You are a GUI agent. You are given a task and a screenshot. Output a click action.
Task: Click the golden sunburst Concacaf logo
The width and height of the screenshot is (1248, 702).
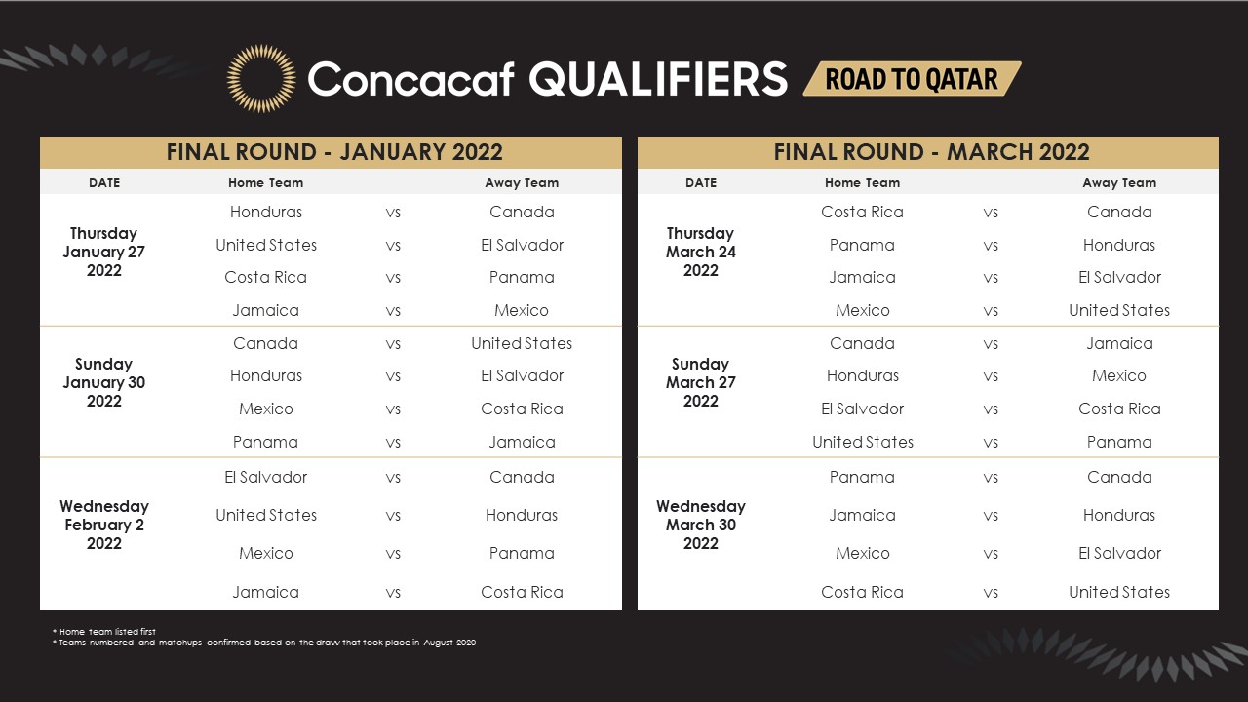(x=261, y=79)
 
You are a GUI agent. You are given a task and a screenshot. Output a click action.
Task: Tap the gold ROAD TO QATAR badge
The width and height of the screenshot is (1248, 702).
(x=912, y=79)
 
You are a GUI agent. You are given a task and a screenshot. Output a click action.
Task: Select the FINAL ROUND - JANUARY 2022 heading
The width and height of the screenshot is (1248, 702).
(x=334, y=152)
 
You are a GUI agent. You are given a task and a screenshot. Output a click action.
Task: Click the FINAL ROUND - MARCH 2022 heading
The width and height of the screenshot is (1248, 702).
(x=931, y=152)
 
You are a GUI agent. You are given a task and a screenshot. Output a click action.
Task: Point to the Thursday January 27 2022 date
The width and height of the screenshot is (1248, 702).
(x=103, y=252)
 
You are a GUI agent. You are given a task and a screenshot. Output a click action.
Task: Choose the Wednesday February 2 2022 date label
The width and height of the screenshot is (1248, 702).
(x=104, y=525)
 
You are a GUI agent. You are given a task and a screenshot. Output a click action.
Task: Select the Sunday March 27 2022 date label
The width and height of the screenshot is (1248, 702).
(x=701, y=382)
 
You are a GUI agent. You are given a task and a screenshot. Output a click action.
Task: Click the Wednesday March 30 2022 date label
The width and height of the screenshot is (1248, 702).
(x=701, y=525)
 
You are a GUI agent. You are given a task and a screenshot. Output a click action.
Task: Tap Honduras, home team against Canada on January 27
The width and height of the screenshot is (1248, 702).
(x=266, y=212)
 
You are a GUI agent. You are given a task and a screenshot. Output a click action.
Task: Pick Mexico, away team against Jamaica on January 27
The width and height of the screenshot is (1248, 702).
(x=522, y=310)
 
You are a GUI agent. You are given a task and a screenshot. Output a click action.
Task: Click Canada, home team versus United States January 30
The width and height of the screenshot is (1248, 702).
(x=265, y=343)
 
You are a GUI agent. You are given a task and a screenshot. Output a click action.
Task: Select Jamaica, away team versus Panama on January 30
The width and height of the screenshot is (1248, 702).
(x=522, y=442)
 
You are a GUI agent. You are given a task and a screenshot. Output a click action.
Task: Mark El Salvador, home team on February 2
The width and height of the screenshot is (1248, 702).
(x=266, y=477)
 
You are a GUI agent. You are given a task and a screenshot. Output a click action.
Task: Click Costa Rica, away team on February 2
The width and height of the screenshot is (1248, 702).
(x=522, y=592)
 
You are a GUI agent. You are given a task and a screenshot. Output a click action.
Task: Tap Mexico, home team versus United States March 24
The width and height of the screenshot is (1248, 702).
(x=863, y=310)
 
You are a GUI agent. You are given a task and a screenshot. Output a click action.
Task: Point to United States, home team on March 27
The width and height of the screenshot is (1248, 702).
(x=863, y=442)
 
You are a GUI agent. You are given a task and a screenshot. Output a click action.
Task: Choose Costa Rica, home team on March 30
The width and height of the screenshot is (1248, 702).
(x=862, y=592)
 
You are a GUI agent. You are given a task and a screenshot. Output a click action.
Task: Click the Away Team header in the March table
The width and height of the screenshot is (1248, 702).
(x=1119, y=182)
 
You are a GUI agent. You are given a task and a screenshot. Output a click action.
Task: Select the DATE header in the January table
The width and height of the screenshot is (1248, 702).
(x=104, y=182)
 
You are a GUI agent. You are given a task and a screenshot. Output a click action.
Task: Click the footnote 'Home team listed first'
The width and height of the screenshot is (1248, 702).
(x=104, y=631)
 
